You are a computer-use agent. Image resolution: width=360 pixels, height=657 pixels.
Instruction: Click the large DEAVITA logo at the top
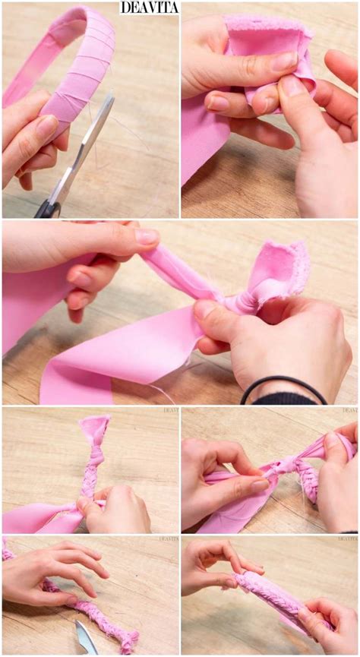pos(149,8)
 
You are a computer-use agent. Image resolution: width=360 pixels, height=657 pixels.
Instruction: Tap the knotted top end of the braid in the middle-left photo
pos(96,430)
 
